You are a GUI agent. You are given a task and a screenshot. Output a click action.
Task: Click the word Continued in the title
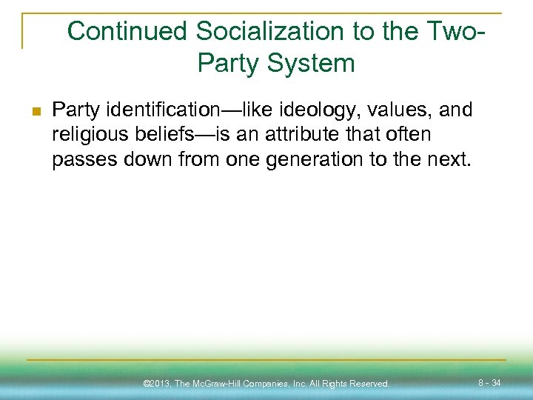[x=127, y=32]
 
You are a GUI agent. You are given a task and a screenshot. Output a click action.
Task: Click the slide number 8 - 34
[x=489, y=383]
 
